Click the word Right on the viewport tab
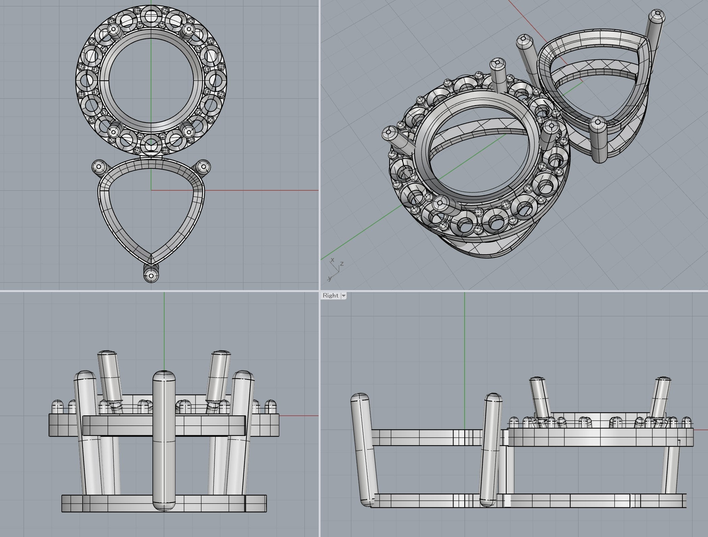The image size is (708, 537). click(330, 295)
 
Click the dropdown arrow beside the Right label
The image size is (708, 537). click(344, 296)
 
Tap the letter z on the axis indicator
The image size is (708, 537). click(342, 263)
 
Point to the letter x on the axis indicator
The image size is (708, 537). click(332, 260)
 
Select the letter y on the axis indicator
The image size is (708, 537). click(329, 278)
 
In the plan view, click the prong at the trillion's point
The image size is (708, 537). click(151, 274)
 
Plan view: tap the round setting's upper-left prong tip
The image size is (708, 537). click(113, 30)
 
